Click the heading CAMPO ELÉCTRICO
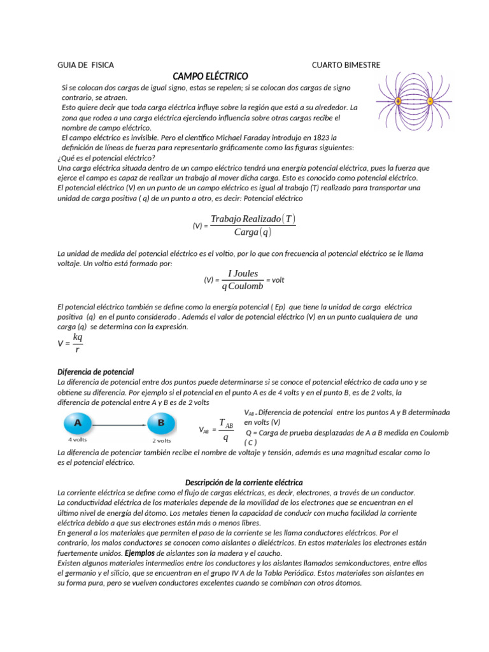pyautogui.click(x=210, y=76)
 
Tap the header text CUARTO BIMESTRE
pyautogui.click(x=346, y=65)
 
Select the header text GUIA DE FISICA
pyautogui.click(x=85, y=65)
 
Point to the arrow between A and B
pyautogui.click(x=120, y=423)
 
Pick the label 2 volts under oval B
pyautogui.click(x=161, y=440)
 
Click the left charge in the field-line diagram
pyautogui.click(x=398, y=101)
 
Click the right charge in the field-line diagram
pyautogui.click(x=430, y=101)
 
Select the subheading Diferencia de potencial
pyautogui.click(x=96, y=372)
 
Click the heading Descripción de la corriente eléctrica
pyautogui.click(x=244, y=483)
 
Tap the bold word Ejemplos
pyautogui.click(x=140, y=553)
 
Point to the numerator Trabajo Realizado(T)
pyautogui.click(x=253, y=219)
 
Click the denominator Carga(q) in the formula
pyautogui.click(x=252, y=233)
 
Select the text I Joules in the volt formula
pyautogui.click(x=243, y=274)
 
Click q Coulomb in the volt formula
pyautogui.click(x=243, y=287)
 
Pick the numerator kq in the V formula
pyautogui.click(x=78, y=337)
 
